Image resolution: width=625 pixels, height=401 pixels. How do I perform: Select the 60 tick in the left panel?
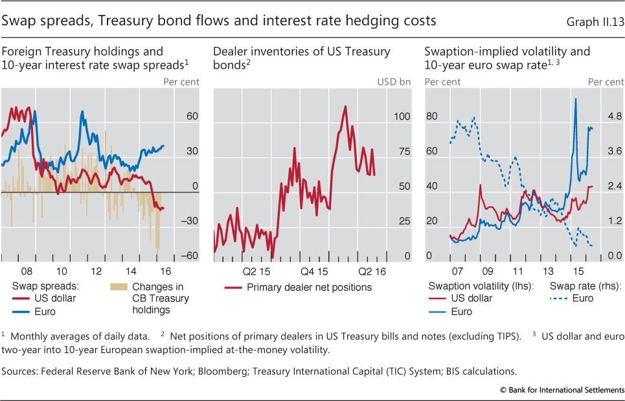point(192,117)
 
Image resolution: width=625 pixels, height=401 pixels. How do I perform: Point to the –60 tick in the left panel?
point(189,256)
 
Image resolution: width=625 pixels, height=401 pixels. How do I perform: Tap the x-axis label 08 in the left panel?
point(26,271)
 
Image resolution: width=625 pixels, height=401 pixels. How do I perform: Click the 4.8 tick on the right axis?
point(613,117)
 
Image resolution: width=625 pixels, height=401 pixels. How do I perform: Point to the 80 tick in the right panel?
point(432,117)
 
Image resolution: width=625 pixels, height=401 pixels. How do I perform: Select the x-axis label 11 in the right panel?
point(517,271)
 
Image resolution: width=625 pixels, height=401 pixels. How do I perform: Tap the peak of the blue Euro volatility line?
point(575,98)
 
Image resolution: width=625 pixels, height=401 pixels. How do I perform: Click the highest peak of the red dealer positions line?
point(345,106)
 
